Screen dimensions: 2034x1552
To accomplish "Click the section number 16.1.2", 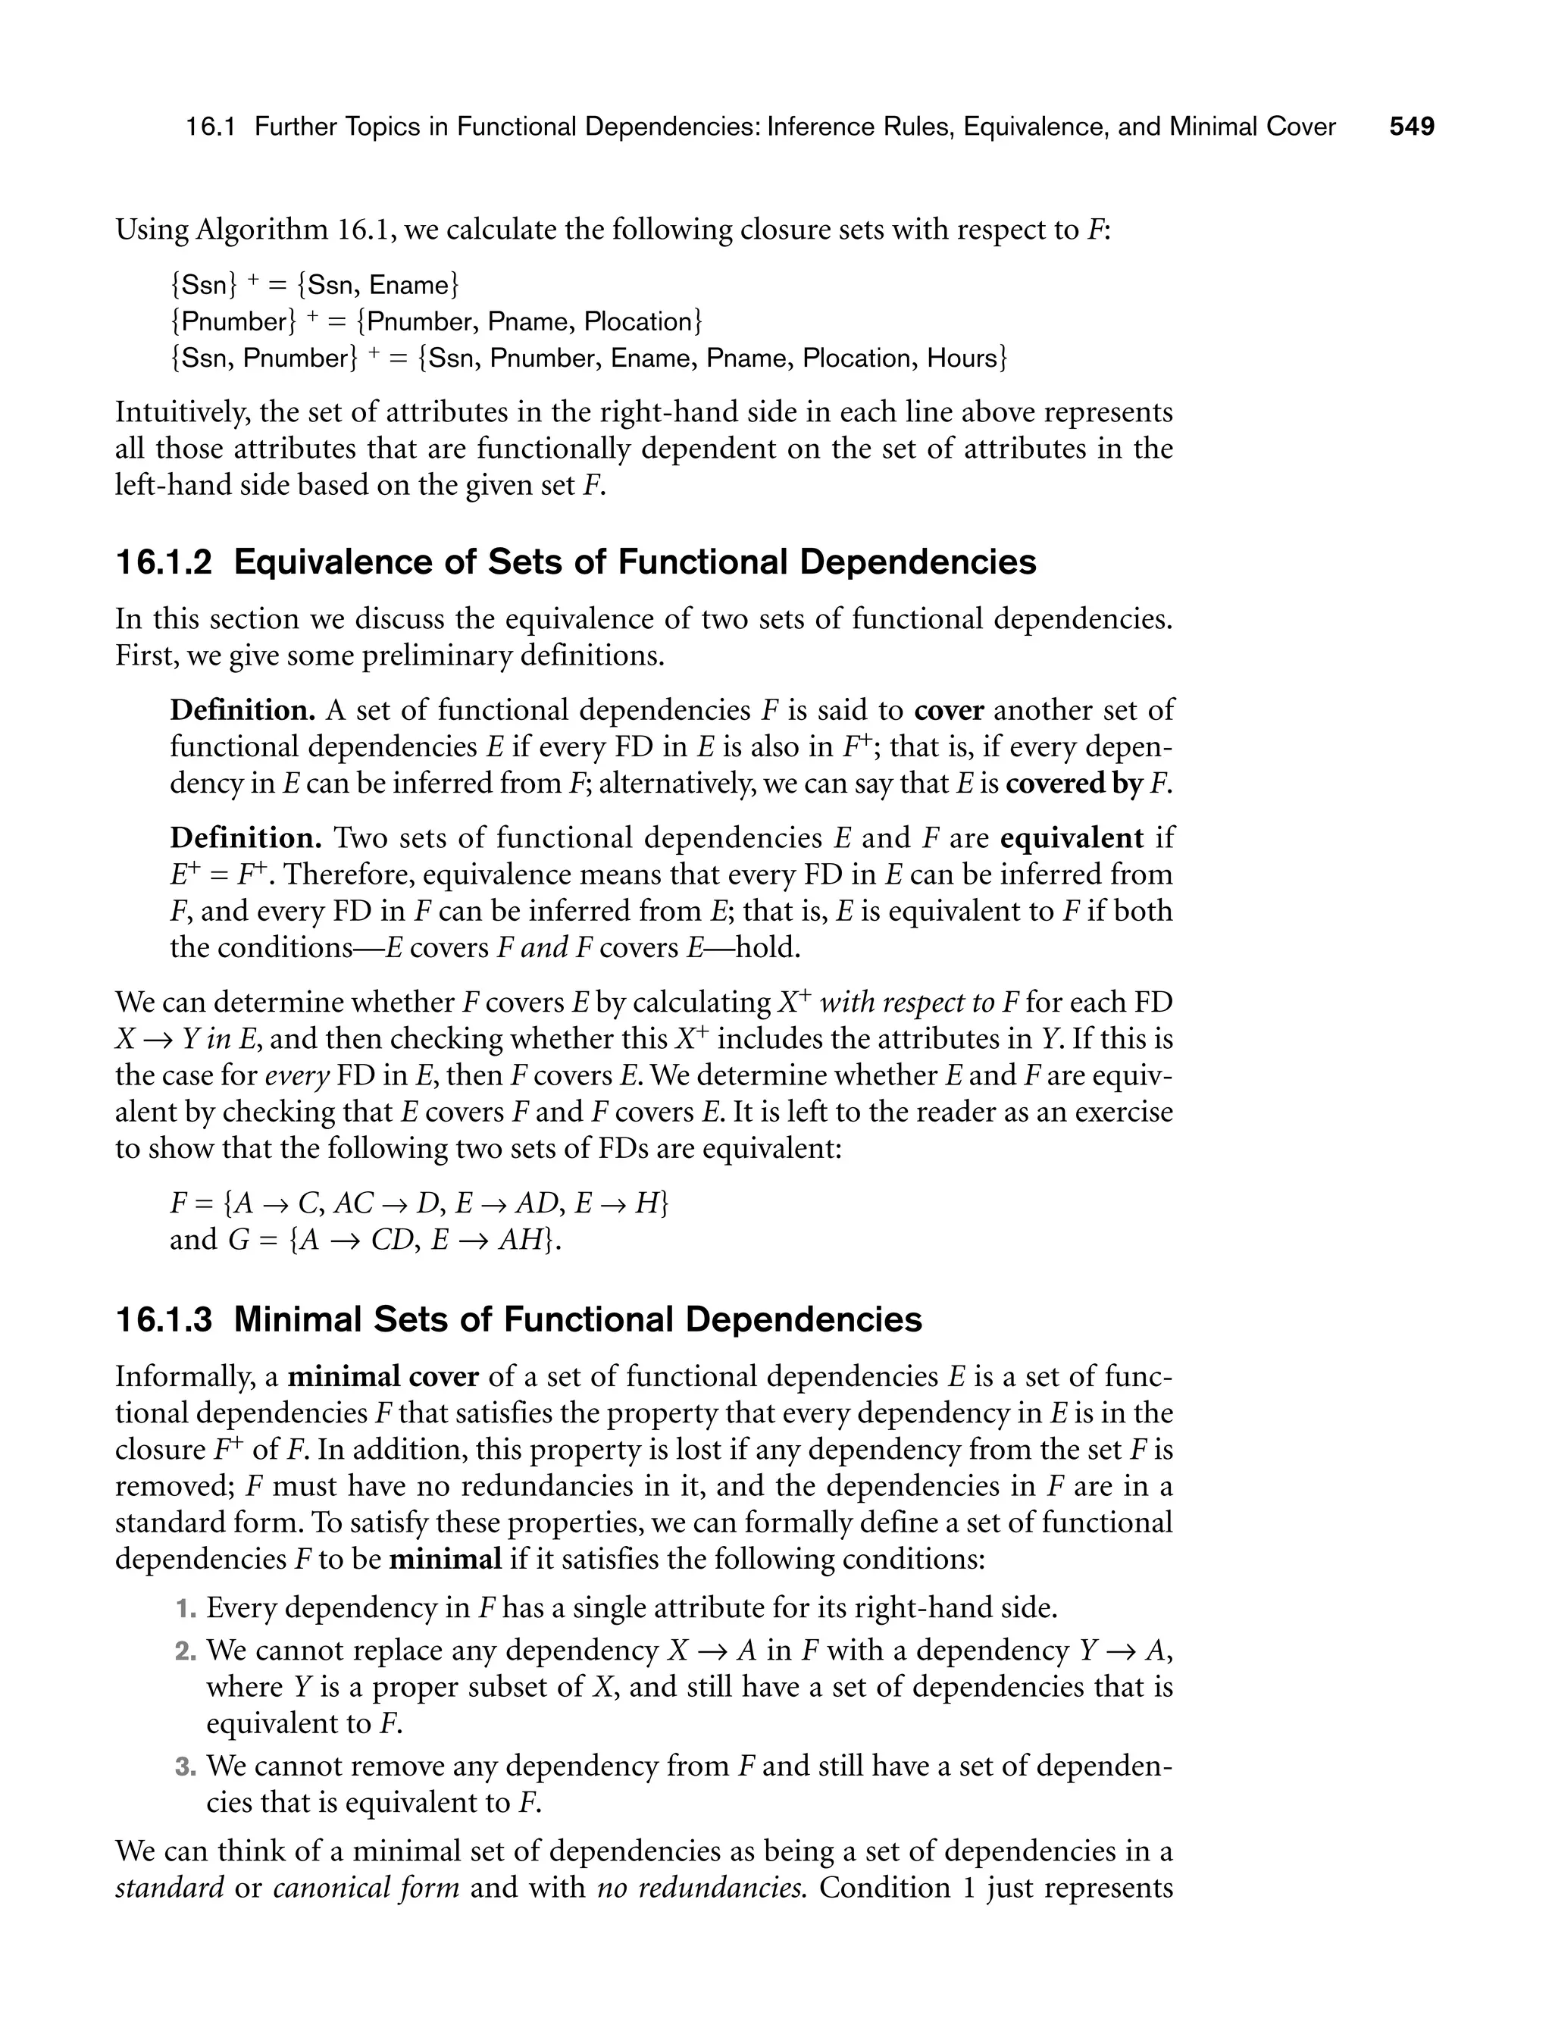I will click(163, 562).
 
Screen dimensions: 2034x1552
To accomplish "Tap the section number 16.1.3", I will click(163, 1320).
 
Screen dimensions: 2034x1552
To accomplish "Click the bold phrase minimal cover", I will click(383, 1377).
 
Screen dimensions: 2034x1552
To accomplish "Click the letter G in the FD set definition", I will click(237, 1240).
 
